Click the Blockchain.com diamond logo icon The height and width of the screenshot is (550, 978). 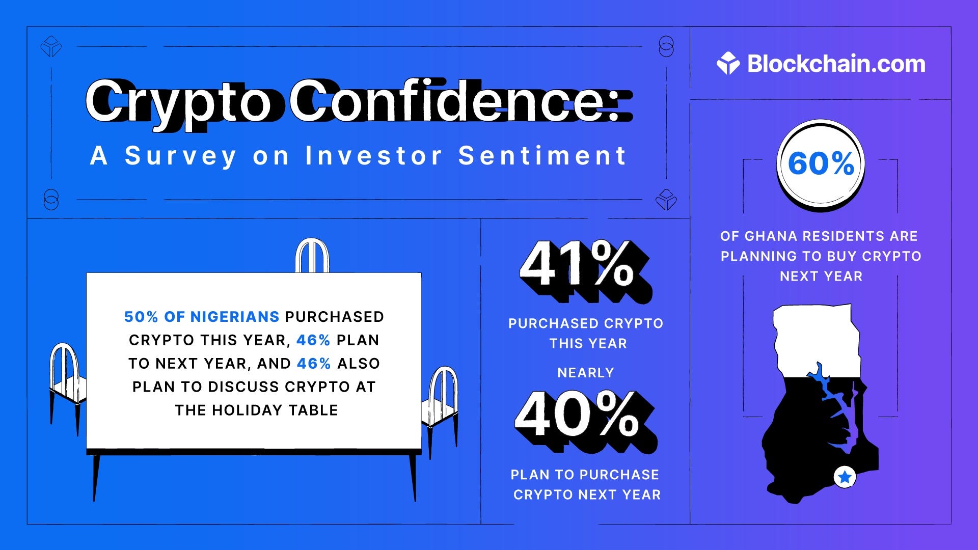[x=728, y=64]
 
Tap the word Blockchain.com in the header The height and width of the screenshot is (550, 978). [x=836, y=64]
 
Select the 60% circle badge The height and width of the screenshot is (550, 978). [x=821, y=164]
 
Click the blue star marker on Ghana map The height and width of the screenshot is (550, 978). [x=845, y=477]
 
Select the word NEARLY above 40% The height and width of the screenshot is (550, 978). [x=586, y=373]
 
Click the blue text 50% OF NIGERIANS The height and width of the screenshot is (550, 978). [x=202, y=317]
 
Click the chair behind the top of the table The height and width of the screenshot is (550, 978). [x=312, y=256]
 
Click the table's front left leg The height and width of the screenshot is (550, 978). [x=96, y=476]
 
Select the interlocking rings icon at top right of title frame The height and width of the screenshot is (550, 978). [x=666, y=46]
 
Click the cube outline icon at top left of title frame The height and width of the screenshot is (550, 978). [x=51, y=46]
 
